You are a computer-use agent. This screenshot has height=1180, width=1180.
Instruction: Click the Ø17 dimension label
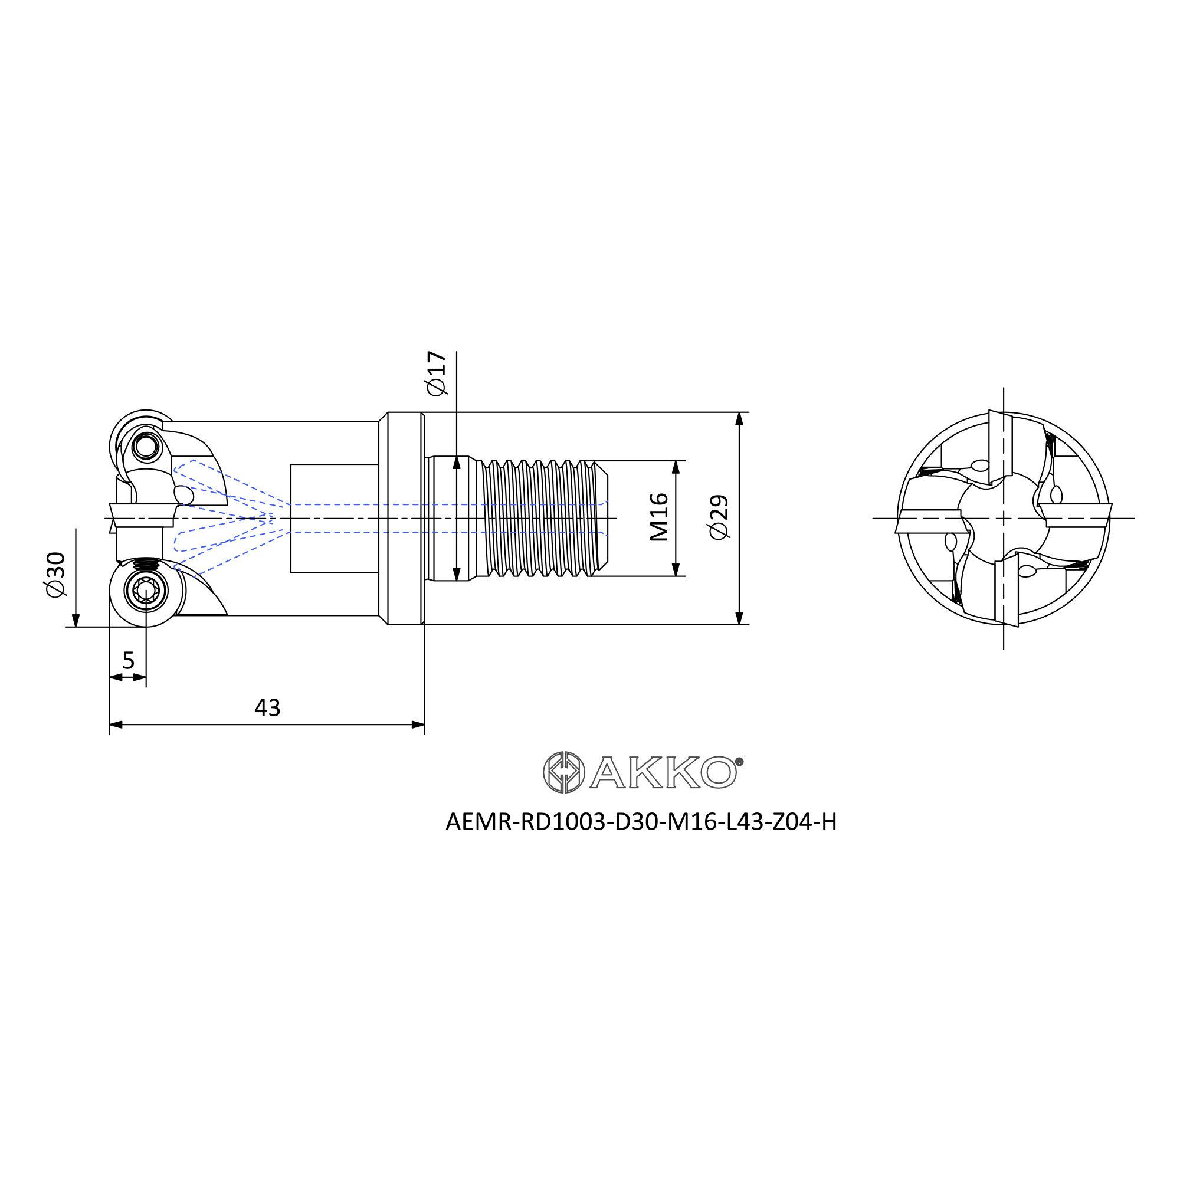pyautogui.click(x=437, y=373)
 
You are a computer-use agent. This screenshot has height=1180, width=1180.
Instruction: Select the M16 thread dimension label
pyautogui.click(x=659, y=518)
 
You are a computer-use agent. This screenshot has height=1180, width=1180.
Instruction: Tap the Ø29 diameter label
pyautogui.click(x=719, y=517)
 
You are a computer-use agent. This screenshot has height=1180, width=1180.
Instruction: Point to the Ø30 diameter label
pyautogui.click(x=55, y=575)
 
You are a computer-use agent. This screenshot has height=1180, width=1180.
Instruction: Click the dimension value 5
pyautogui.click(x=128, y=660)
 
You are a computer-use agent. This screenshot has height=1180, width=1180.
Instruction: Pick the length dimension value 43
pyautogui.click(x=267, y=708)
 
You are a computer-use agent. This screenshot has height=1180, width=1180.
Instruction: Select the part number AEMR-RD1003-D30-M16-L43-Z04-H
pyautogui.click(x=641, y=822)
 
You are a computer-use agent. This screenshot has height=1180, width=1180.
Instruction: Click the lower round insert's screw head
pyautogui.click(x=146, y=591)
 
